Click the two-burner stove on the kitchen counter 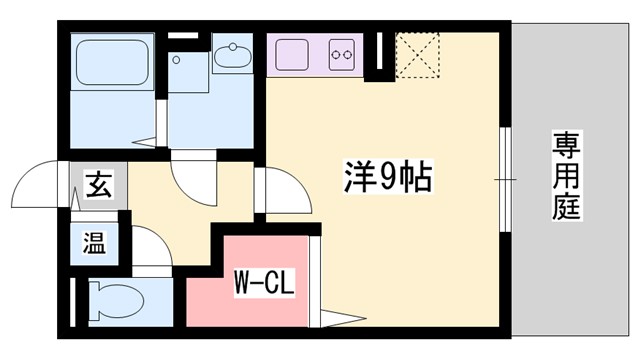(x=343, y=54)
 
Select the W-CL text (x=263, y=283)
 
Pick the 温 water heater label (x=93, y=242)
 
